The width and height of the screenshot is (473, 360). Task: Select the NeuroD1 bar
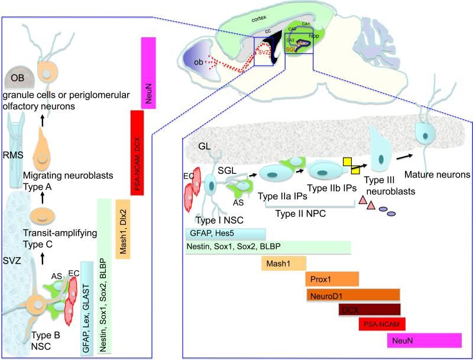(x=354, y=294)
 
